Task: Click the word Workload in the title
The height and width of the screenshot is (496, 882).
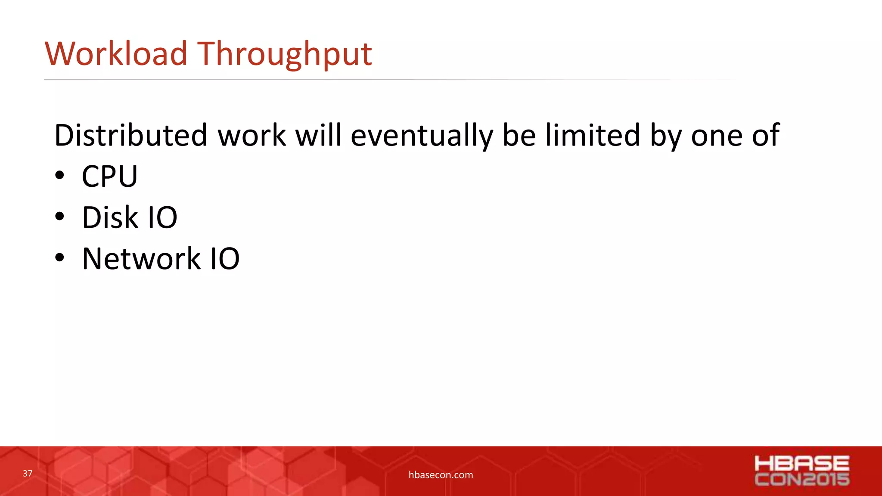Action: pyautogui.click(x=116, y=54)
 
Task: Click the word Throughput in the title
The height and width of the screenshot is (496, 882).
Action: pyautogui.click(x=285, y=55)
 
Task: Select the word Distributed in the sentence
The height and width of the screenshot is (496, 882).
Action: pyautogui.click(x=131, y=135)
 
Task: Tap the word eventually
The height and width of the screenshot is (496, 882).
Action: pyautogui.click(x=422, y=136)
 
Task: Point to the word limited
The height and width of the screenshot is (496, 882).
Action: pyautogui.click(x=593, y=135)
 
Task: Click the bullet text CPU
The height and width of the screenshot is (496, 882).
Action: pyautogui.click(x=109, y=177)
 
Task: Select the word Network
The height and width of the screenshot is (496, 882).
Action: pyautogui.click(x=141, y=259)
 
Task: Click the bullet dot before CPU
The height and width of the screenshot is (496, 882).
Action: pyautogui.click(x=59, y=176)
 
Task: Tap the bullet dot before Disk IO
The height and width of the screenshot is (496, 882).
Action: pyautogui.click(x=59, y=217)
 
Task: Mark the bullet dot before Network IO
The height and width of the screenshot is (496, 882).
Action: pyautogui.click(x=59, y=258)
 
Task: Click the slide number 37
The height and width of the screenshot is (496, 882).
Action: pyautogui.click(x=28, y=474)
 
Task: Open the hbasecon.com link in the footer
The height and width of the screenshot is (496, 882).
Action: pyautogui.click(x=441, y=475)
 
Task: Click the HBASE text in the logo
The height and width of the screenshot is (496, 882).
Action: pyautogui.click(x=801, y=464)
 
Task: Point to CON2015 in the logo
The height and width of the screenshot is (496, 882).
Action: pyautogui.click(x=801, y=479)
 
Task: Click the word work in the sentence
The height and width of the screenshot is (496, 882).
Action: pyautogui.click(x=252, y=135)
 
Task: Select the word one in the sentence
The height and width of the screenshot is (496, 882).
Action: pyautogui.click(x=717, y=136)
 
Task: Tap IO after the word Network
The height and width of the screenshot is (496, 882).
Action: pyautogui.click(x=224, y=259)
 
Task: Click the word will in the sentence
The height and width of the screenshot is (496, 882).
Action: pyautogui.click(x=318, y=135)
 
